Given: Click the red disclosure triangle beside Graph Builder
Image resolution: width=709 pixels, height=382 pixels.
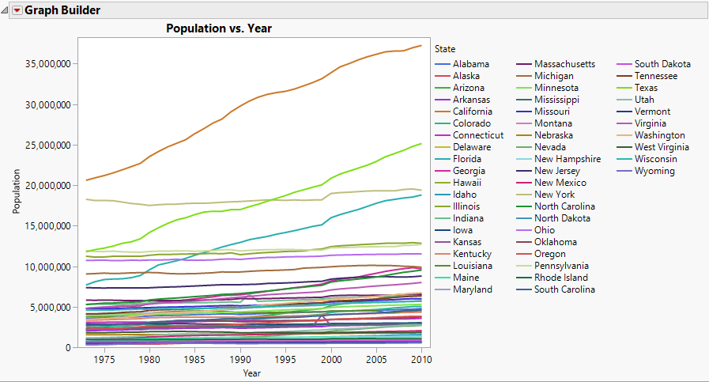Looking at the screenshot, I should [17, 10].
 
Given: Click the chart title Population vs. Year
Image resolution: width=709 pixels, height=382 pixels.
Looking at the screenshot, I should [218, 28].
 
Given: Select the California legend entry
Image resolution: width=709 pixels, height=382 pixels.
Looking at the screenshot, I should [472, 112].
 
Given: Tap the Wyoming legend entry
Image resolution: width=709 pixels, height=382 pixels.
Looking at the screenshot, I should [655, 171].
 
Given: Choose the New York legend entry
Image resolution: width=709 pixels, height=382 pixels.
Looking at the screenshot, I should [555, 195].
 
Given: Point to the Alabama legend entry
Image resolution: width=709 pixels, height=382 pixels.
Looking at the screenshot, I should [471, 64].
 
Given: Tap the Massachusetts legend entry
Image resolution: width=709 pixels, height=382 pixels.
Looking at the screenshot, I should [564, 64].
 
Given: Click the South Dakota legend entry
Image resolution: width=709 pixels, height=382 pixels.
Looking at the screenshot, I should [662, 64].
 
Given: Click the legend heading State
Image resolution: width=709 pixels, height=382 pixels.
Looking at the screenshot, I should [445, 49].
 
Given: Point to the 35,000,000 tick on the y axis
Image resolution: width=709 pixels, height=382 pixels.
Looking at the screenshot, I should [49, 63].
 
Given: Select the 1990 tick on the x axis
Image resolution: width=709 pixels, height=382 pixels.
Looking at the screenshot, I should [240, 359].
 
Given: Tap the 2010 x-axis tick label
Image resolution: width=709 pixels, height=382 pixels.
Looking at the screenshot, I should [422, 359].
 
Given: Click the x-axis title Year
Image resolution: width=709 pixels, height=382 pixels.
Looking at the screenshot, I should [252, 373].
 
